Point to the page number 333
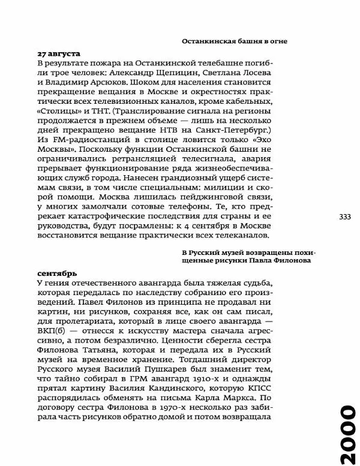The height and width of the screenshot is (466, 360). pos(345,217)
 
